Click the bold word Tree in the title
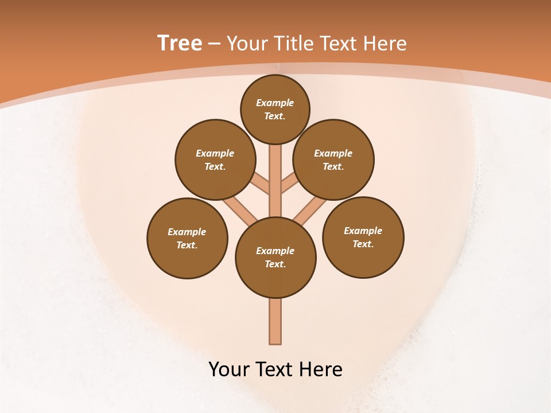pos(180,44)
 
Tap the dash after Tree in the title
pos(214,44)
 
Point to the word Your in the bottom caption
pos(229,369)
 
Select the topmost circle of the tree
pos(275,109)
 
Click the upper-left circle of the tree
pos(215,159)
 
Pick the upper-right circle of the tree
pos(333,159)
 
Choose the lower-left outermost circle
pos(187,238)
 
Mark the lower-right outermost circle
pos(363,237)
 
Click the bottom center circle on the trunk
pos(275,258)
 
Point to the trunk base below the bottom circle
pos(275,321)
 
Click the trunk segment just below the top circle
pos(275,161)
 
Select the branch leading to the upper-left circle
pos(261,184)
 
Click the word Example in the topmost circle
pos(275,103)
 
